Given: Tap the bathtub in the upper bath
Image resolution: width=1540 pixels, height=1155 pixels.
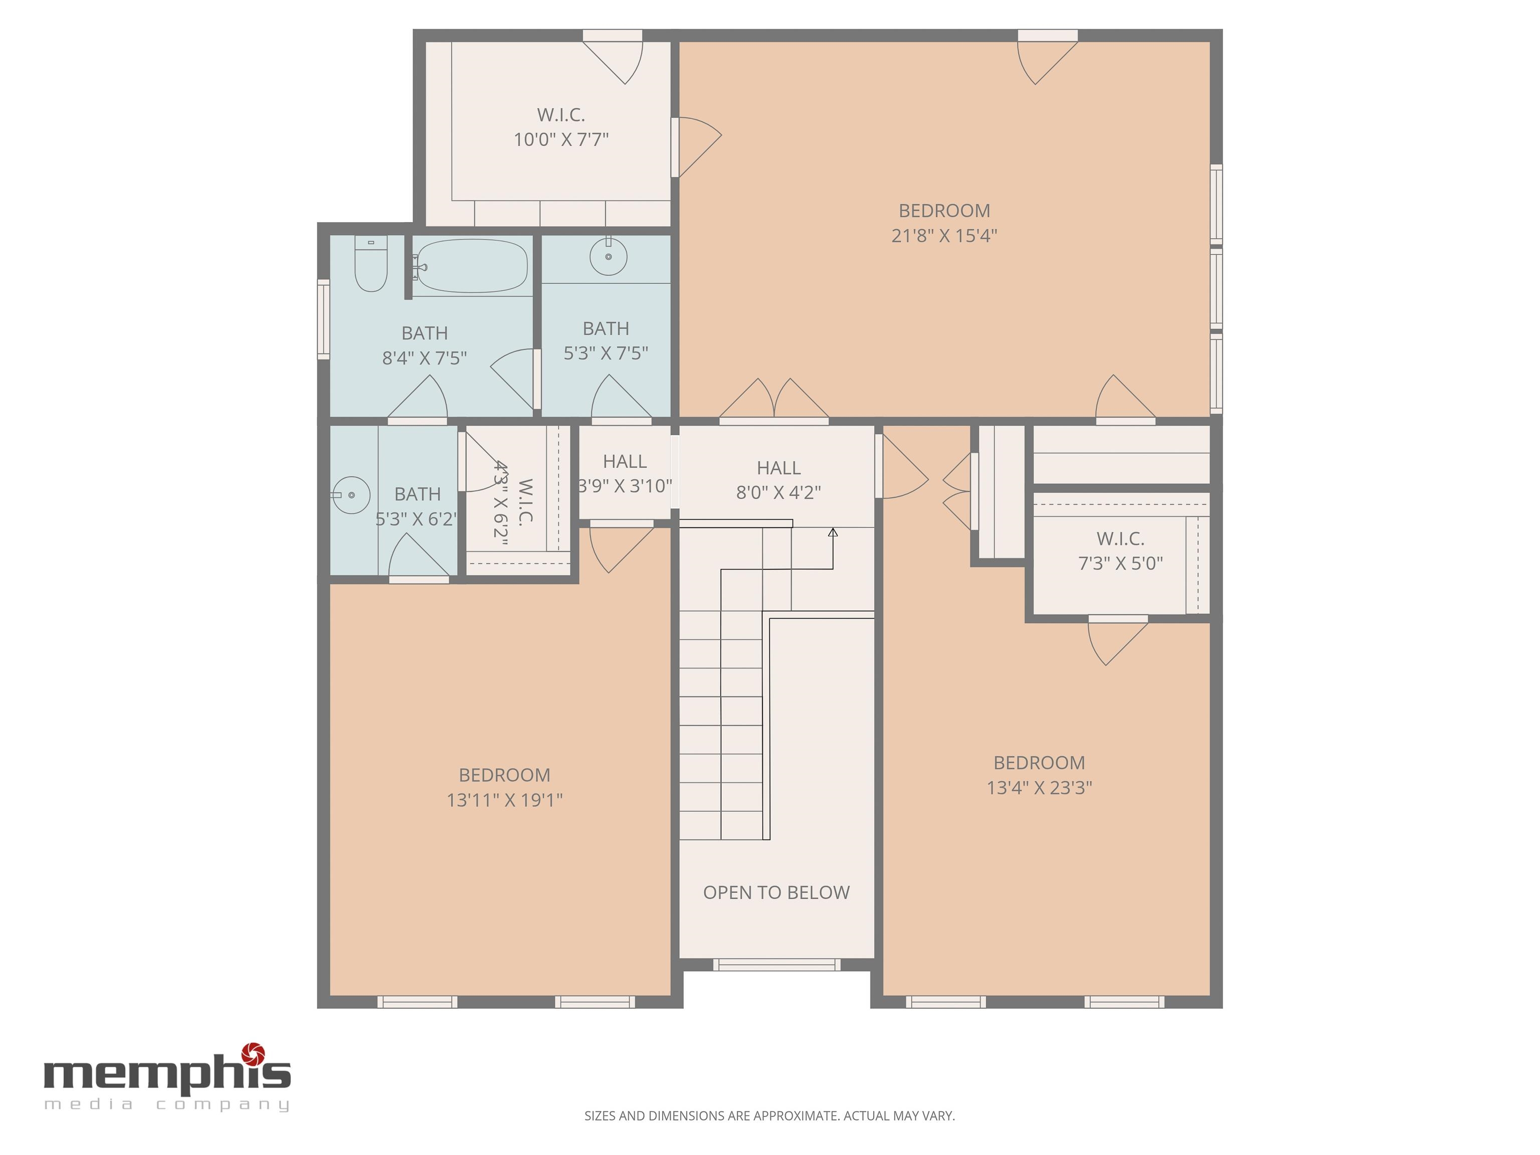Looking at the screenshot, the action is coord(470,266).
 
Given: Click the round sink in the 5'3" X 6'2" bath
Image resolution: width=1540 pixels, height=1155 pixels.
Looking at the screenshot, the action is coord(351,495).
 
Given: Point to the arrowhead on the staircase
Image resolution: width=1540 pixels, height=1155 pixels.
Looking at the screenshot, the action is coord(833,532).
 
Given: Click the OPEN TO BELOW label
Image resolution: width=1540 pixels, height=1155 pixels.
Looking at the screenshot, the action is coord(776,892).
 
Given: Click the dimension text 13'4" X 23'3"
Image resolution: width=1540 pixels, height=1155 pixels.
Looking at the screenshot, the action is coord(1039,788).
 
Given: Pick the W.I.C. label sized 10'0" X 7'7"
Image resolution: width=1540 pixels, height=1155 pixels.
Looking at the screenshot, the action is coord(560,114).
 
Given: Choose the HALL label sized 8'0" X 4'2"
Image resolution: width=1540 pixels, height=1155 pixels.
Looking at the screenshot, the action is coord(779,468).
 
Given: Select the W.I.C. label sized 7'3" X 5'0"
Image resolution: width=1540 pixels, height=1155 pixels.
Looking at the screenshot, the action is coord(1120,538).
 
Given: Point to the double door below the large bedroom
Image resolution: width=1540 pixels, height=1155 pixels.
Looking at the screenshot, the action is coord(774,401).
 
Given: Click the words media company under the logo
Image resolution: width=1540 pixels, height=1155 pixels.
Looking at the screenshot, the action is coord(167,1104).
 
